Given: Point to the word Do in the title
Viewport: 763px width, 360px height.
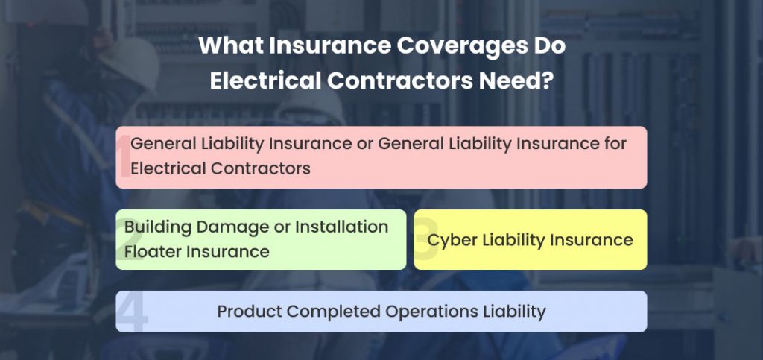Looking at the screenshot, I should click(548, 46).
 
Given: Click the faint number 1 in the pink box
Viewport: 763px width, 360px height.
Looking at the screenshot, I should click(124, 158).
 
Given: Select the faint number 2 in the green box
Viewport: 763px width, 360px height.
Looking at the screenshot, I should click(123, 239).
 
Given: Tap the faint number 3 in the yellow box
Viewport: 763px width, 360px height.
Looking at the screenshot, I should click(425, 241).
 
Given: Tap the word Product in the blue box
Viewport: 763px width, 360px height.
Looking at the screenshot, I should click(247, 311).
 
